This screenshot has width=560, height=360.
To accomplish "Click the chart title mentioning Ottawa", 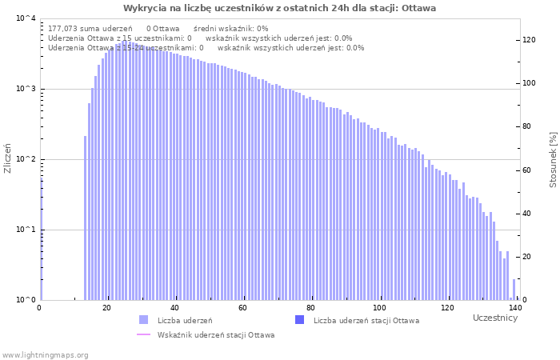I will [279, 8].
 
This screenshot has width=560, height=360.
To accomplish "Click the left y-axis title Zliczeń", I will [8, 159].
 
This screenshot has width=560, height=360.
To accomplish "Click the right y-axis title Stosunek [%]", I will [553, 159].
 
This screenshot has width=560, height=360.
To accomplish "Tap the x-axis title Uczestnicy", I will [495, 318].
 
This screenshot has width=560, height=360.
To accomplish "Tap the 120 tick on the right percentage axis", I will [529, 40].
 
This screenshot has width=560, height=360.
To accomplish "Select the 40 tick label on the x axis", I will [175, 308].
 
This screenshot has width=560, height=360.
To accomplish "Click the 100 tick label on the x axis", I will [379, 308].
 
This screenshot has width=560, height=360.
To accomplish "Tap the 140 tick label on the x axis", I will [515, 308].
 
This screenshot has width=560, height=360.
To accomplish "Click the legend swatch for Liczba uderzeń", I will [143, 320].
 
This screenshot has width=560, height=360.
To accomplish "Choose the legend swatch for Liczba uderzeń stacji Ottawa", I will [300, 320].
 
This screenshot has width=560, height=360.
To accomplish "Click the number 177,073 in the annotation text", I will [64, 28].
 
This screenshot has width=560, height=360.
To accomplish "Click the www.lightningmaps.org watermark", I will [45, 354].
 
